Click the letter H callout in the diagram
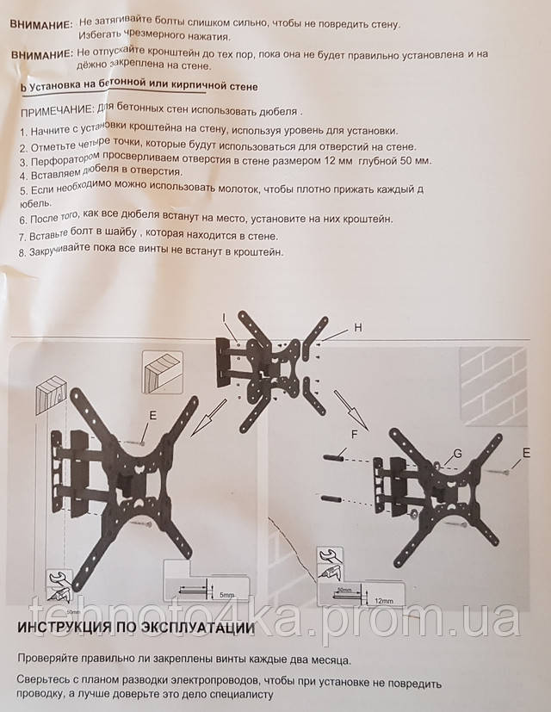358,327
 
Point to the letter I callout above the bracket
224,319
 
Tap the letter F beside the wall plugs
355,435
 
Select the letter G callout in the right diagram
457,453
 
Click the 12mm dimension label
384,601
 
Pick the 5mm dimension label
226,594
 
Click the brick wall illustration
494,386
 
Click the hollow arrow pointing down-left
208,418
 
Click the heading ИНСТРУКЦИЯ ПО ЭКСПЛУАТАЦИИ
136,628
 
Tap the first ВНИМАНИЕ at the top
41,24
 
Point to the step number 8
22,252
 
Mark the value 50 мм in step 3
413,161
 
